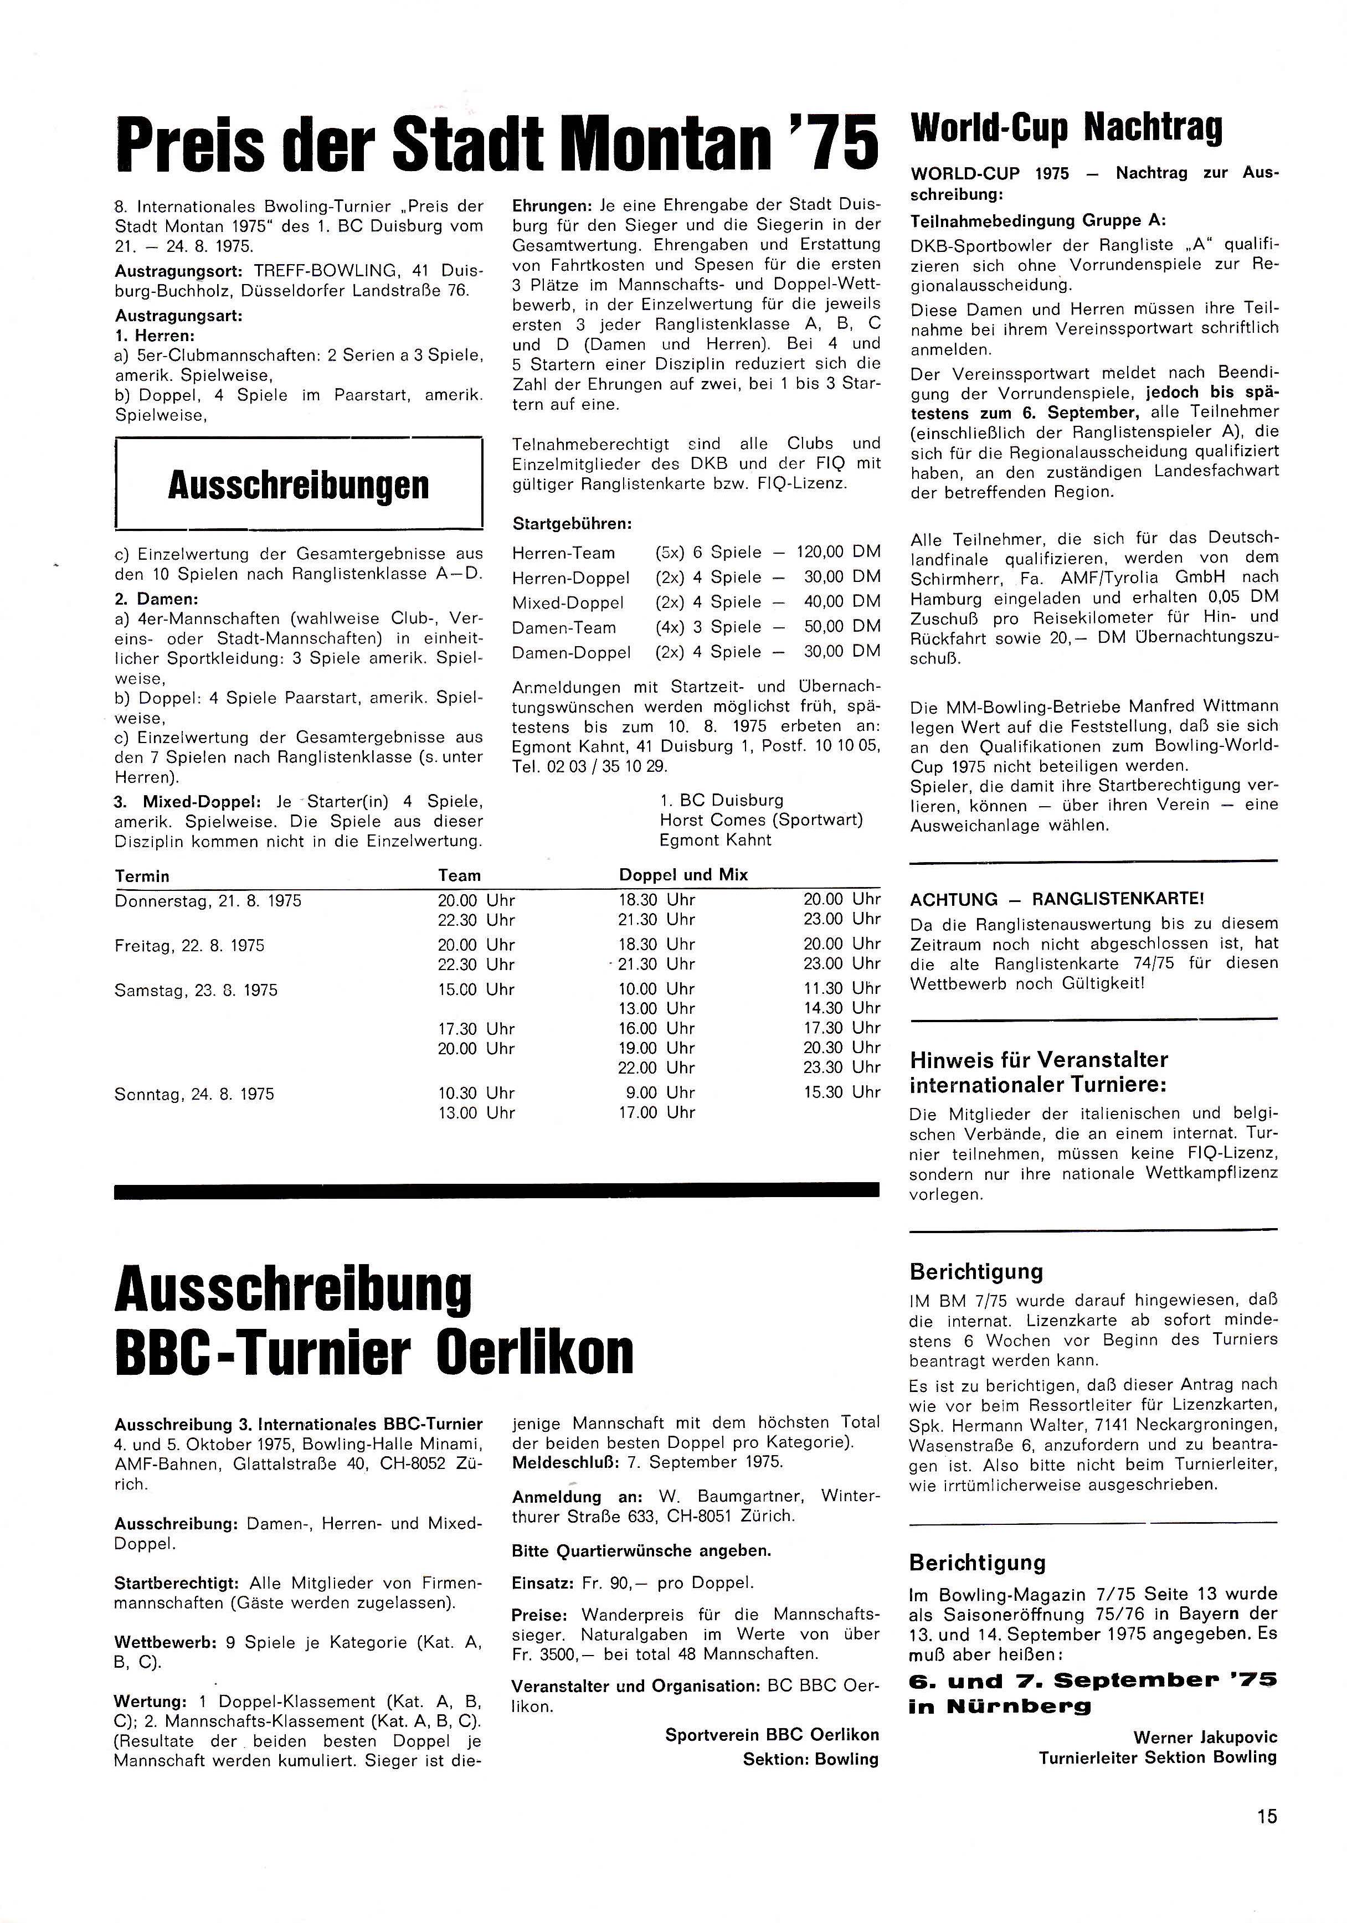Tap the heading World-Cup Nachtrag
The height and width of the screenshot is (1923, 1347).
1066,127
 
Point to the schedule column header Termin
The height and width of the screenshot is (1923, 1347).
142,876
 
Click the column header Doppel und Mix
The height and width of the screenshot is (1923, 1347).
683,874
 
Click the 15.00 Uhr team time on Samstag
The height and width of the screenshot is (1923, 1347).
476,989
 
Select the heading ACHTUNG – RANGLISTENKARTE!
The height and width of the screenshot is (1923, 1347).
1057,900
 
